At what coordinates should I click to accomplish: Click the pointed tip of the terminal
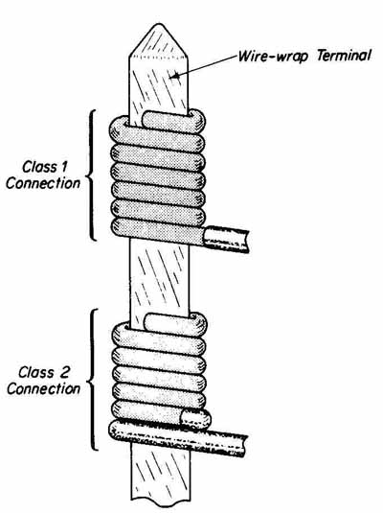tap(159, 24)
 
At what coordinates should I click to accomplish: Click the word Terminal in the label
tap(344, 56)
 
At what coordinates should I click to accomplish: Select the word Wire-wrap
tap(273, 57)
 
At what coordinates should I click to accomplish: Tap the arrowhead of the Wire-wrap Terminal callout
tap(174, 77)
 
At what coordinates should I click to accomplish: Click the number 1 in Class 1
tap(63, 167)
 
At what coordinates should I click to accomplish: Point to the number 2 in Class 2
tap(64, 372)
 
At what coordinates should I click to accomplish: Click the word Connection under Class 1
tap(43, 183)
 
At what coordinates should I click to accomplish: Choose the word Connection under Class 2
tap(43, 388)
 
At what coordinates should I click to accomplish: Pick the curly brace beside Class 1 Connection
tap(91, 175)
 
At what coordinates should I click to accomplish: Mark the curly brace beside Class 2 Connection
tap(93, 380)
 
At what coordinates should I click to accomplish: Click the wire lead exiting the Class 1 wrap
tap(225, 239)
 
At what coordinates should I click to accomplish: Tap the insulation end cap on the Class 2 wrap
tap(195, 418)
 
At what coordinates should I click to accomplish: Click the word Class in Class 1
tap(39, 167)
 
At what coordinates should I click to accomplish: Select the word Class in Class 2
tap(36, 372)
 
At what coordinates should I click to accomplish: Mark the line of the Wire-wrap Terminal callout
tap(206, 66)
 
